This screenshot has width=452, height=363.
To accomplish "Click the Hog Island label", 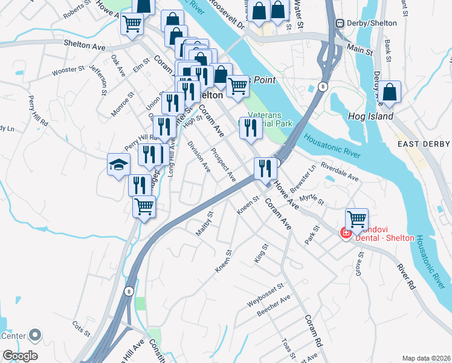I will click(371, 116).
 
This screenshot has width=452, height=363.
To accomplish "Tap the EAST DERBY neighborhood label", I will click(423, 143).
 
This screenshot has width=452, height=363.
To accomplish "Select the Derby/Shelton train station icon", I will click(340, 23).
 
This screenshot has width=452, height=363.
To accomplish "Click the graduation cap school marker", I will click(118, 164).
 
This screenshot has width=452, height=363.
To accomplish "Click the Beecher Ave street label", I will click(274, 304).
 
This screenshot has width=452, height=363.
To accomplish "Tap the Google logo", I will click(20, 356).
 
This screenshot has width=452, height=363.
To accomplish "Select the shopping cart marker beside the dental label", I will click(357, 219).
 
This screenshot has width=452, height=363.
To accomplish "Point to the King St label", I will click(261, 252).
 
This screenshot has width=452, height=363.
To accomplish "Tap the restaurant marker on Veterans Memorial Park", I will click(250, 128).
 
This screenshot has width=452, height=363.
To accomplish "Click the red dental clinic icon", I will click(346, 233).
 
